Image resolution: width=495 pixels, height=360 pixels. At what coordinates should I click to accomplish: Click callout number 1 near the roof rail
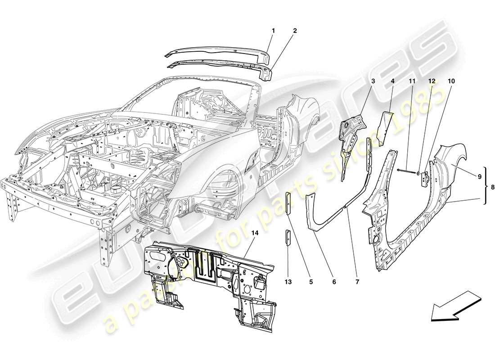click(273, 31)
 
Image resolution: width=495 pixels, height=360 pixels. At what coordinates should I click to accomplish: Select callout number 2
click(295, 31)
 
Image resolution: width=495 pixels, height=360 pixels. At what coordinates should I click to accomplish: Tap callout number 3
click(373, 81)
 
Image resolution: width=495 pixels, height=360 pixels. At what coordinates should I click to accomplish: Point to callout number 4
click(392, 81)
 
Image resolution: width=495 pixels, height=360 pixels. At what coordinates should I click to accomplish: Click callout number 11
click(412, 81)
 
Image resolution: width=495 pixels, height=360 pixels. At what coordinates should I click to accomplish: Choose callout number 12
click(432, 81)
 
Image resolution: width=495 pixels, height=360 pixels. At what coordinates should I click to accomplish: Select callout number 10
click(451, 81)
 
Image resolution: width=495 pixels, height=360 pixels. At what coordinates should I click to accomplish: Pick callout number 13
click(288, 282)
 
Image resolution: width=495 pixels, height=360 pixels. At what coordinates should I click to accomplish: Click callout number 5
click(310, 282)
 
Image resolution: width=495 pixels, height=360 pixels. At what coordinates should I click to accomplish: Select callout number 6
click(334, 282)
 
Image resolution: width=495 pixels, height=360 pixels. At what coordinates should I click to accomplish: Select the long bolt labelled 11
click(408, 170)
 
